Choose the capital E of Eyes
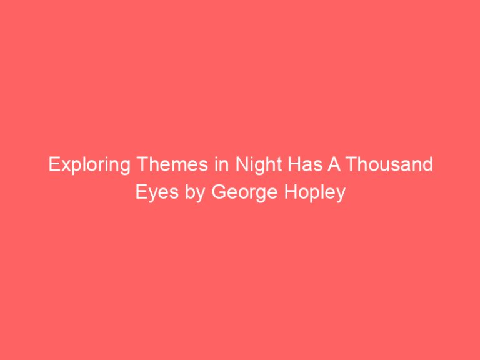click(141, 193)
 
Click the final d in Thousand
click(427, 166)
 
